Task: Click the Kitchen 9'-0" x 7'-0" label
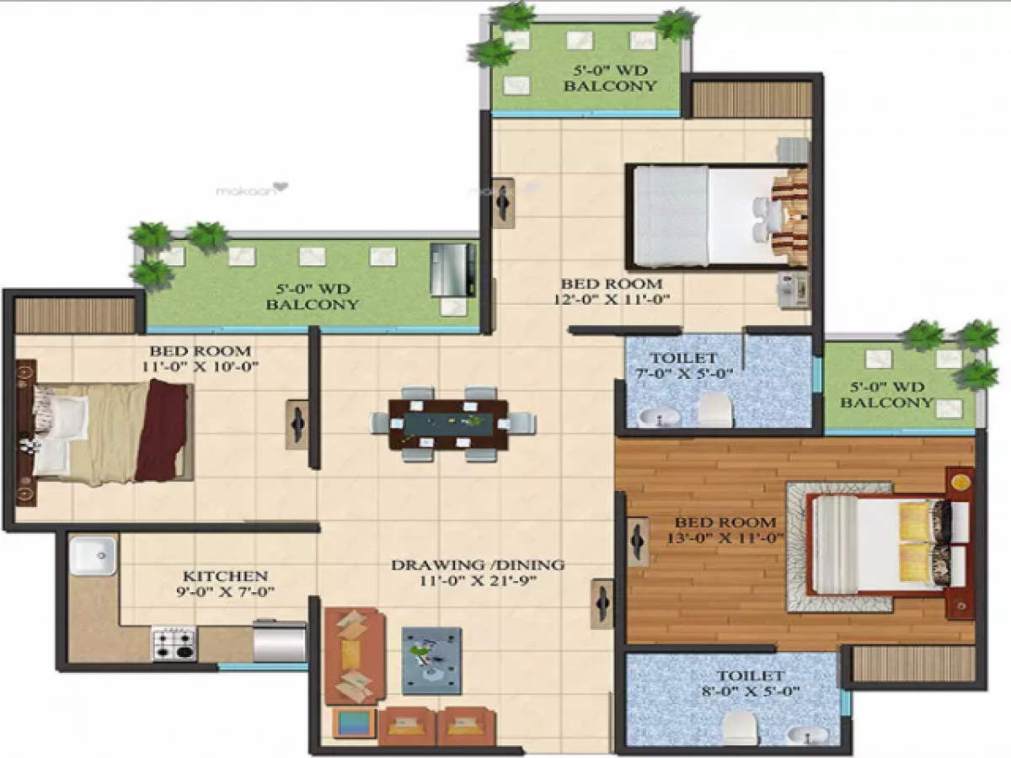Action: click(226, 584)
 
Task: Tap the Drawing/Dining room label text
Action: click(477, 572)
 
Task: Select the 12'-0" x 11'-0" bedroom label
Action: click(612, 291)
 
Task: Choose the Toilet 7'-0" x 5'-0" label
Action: click(678, 366)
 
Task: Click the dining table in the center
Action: click(448, 424)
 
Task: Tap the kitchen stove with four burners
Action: click(174, 643)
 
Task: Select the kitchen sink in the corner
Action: click(93, 557)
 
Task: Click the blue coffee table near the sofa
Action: click(431, 659)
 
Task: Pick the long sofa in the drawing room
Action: click(354, 655)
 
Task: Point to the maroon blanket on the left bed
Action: click(162, 430)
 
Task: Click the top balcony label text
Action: click(610, 78)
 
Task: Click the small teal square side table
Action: click(353, 723)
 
